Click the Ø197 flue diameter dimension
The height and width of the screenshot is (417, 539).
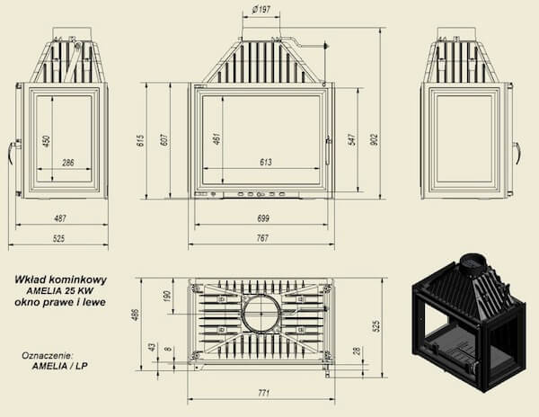click(261, 9)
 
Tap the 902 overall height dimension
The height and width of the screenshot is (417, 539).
click(375, 139)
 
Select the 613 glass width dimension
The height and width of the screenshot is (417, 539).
click(266, 162)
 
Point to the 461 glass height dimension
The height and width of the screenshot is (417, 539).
click(216, 139)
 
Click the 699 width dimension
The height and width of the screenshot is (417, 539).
click(263, 218)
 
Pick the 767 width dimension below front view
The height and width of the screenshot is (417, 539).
click(262, 238)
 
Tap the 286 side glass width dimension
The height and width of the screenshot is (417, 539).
click(68, 163)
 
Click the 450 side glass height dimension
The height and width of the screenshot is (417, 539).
click(47, 141)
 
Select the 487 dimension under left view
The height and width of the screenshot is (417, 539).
click(60, 218)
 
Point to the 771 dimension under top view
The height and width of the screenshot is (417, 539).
click(263, 393)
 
